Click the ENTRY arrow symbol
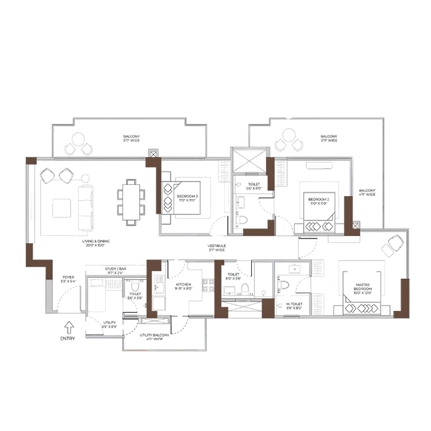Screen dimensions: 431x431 point(68,327)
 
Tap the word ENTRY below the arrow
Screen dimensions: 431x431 point(68,338)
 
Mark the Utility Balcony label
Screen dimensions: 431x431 point(154,336)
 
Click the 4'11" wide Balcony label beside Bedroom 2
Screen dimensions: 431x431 point(368,193)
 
